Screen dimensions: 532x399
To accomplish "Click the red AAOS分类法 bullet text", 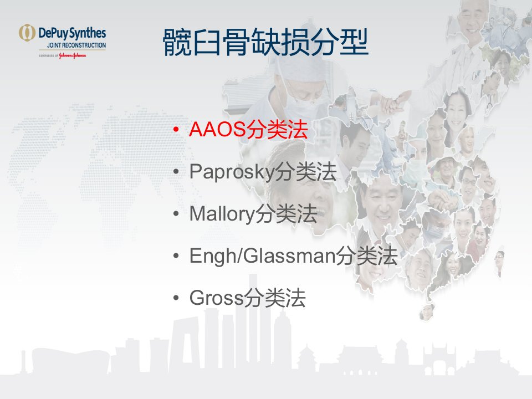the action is (x=248, y=129).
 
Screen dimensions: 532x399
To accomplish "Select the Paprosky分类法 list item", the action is (x=263, y=172).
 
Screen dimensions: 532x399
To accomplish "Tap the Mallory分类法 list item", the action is (x=253, y=214).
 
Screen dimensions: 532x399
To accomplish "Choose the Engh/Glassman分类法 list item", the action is (x=294, y=256).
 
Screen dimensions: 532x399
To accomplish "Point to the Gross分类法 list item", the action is (x=247, y=298).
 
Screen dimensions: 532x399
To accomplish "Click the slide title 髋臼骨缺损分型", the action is (x=265, y=42).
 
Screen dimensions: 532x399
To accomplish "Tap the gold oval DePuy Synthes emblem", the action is (x=27, y=33).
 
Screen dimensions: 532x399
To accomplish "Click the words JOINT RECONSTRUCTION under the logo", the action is (x=76, y=45).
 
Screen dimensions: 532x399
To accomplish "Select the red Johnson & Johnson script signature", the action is (x=73, y=55).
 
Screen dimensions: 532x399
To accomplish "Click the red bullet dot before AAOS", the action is (x=176, y=130).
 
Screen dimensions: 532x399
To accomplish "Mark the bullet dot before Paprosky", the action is (x=176, y=172).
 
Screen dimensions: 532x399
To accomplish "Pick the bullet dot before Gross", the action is (x=176, y=298).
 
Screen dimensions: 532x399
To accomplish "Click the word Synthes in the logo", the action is (x=88, y=33).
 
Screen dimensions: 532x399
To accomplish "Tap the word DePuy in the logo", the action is (x=54, y=33).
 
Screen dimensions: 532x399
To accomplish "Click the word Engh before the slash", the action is (x=213, y=256).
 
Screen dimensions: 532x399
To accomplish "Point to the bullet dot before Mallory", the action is (x=176, y=214).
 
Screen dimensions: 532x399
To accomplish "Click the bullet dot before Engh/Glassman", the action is (x=176, y=256).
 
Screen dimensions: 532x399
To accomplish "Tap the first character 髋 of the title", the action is (x=177, y=42).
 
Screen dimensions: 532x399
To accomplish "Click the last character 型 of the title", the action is (x=354, y=42).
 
